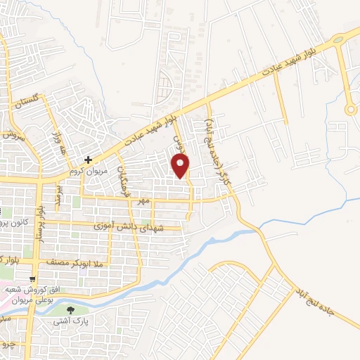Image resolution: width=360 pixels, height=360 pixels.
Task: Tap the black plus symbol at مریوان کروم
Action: click(88, 160)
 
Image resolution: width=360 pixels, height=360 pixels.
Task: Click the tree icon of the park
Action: click(70, 309)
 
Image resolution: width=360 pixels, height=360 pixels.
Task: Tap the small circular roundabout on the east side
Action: click(349, 109)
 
